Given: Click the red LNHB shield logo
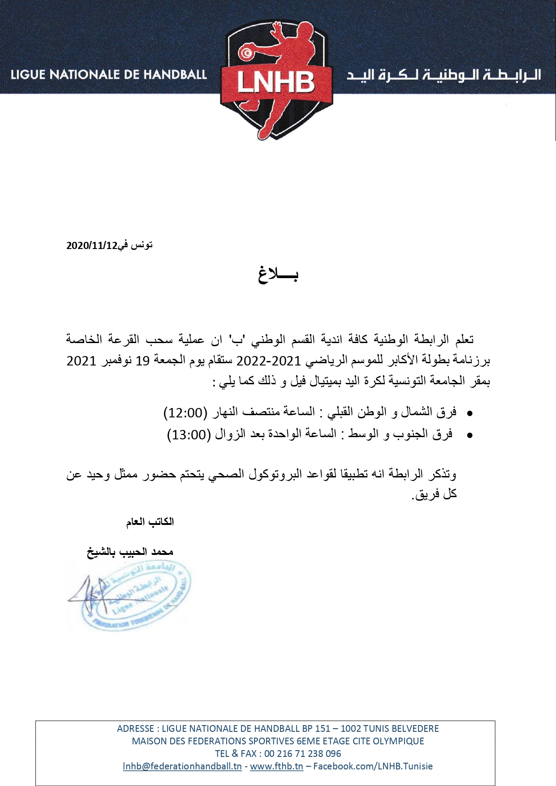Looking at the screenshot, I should click(x=276, y=81).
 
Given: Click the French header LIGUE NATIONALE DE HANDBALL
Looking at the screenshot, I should click(x=109, y=74).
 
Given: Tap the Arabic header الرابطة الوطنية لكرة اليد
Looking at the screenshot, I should click(x=444, y=75).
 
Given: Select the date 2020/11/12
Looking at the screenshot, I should click(x=91, y=245).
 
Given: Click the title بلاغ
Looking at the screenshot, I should click(x=278, y=274).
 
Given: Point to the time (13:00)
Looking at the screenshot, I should click(x=189, y=434).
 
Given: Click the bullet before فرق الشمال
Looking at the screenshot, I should click(x=470, y=413).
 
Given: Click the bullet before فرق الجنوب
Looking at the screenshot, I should click(x=470, y=435).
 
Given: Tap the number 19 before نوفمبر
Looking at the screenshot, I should click(x=142, y=361).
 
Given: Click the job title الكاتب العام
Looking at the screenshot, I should click(x=150, y=522).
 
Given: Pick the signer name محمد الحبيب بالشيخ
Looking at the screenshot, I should click(x=130, y=552).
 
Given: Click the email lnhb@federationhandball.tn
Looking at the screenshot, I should click(x=182, y=766).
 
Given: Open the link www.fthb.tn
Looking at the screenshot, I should click(x=276, y=766).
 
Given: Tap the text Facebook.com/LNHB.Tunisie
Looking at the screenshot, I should click(x=373, y=766).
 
